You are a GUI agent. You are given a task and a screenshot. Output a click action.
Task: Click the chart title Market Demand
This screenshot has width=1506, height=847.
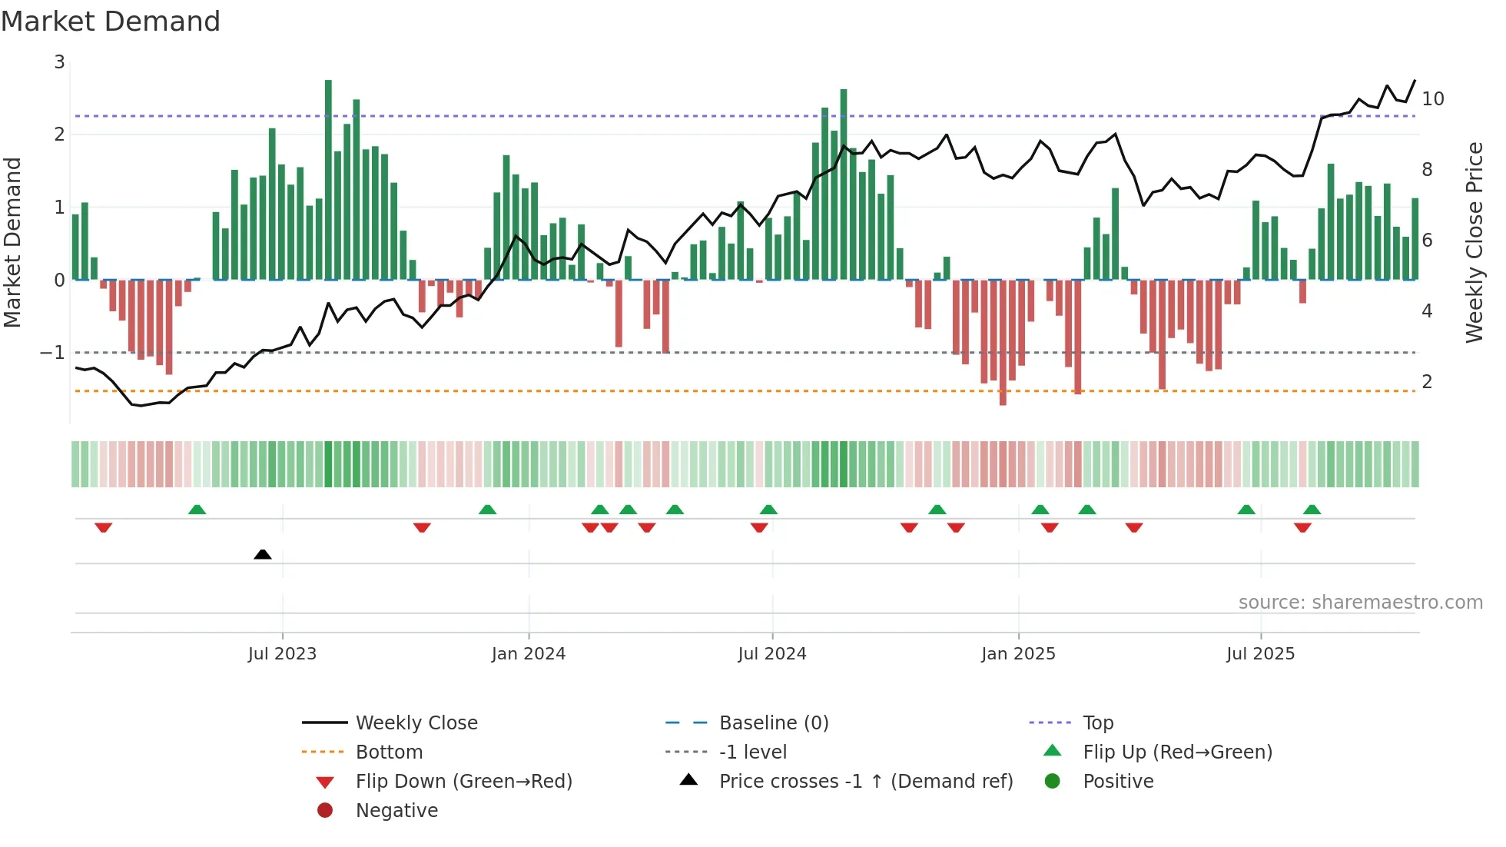click(111, 22)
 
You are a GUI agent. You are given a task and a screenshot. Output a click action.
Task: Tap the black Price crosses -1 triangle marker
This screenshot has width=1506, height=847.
click(263, 554)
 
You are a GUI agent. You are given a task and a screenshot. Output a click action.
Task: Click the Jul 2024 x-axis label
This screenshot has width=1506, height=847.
click(772, 654)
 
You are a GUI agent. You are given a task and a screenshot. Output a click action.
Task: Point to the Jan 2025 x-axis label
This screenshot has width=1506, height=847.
click(1018, 654)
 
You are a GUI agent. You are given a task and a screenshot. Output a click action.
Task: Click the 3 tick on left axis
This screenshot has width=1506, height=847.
click(59, 62)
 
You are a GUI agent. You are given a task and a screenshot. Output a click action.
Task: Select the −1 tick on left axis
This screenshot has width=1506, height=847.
click(53, 353)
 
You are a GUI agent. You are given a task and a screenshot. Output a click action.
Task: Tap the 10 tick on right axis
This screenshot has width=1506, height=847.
click(1432, 99)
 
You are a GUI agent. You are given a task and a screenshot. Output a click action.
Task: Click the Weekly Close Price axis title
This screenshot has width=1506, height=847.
click(1474, 242)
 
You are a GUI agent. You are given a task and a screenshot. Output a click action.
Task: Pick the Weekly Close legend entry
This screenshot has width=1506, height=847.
click(416, 723)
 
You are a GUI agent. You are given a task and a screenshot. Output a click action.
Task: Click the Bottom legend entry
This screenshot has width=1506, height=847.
click(389, 752)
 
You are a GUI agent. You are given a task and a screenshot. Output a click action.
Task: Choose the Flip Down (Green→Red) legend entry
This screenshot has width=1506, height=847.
click(463, 782)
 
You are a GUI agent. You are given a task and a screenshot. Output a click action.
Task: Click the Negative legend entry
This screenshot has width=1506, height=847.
click(396, 811)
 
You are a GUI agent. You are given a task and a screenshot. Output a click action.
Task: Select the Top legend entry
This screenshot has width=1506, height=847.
click(1097, 723)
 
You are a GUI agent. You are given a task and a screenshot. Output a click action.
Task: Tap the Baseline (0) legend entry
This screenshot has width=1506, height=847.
click(773, 723)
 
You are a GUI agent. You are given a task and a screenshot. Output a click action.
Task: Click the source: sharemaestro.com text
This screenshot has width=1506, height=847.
click(1360, 603)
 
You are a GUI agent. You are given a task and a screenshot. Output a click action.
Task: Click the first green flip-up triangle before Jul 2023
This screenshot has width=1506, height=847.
click(197, 510)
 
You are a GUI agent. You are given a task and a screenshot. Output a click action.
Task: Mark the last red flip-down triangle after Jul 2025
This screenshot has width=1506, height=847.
click(1302, 527)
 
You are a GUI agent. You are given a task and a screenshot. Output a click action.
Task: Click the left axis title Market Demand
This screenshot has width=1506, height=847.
click(12, 242)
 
